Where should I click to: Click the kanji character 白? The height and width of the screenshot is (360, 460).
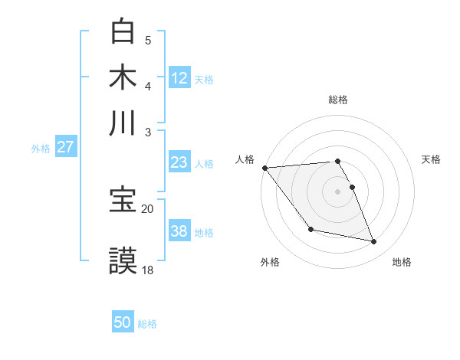(x=123, y=31)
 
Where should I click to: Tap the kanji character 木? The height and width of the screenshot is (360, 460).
(x=123, y=77)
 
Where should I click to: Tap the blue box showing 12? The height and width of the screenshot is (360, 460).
(x=179, y=78)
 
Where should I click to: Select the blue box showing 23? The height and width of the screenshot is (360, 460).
(x=179, y=162)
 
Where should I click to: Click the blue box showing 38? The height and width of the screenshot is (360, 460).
(x=179, y=231)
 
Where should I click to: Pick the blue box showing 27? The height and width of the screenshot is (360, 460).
(x=65, y=148)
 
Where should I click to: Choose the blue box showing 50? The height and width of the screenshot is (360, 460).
(x=123, y=322)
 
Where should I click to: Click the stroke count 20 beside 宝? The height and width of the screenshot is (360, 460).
(x=148, y=208)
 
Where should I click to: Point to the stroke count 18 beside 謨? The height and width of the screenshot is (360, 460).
(x=148, y=270)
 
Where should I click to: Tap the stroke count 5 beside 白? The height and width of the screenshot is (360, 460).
(x=148, y=40)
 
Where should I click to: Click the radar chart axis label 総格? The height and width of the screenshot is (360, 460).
(x=338, y=100)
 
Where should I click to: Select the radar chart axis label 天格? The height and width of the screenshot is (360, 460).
(x=431, y=159)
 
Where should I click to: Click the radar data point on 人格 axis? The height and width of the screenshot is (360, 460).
(x=264, y=168)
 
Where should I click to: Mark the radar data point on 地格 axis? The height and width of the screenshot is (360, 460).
(x=374, y=242)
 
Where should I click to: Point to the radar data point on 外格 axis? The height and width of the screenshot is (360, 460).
(x=310, y=229)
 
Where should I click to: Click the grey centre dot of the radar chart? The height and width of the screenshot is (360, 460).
(x=338, y=191)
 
